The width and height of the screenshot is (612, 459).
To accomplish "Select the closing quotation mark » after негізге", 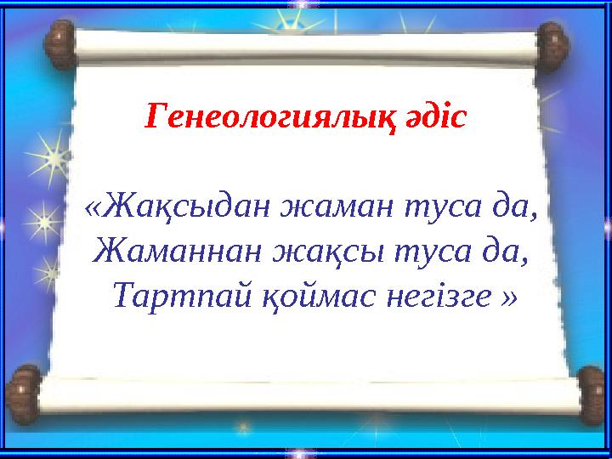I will click(x=508, y=297).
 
